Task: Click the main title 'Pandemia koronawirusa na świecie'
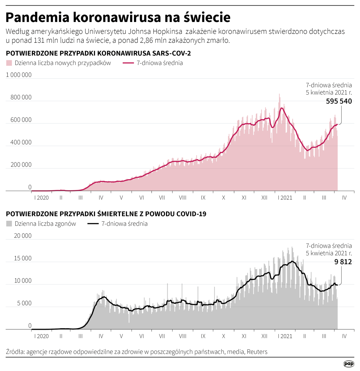pyautogui.click(x=118, y=17)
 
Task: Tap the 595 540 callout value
pyautogui.click(x=339, y=101)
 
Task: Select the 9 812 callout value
pyautogui.click(x=343, y=262)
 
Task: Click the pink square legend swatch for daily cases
pyautogui.click(x=9, y=63)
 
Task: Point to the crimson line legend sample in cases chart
pyautogui.click(x=128, y=63)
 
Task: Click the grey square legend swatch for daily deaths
pyautogui.click(x=9, y=224)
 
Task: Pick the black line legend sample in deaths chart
pyautogui.click(x=93, y=224)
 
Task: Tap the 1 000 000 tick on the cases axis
pyautogui.click(x=19, y=75)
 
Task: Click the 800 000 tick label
pyautogui.click(x=21, y=97)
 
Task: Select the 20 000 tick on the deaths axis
pyautogui.click(x=23, y=236)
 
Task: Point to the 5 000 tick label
pyautogui.click(x=24, y=303)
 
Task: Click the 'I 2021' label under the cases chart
pyautogui.click(x=285, y=198)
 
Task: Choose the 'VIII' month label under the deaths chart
pyautogui.click(x=183, y=336)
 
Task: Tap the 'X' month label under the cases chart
pyautogui.click(x=223, y=198)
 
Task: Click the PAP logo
pyautogui.click(x=348, y=364)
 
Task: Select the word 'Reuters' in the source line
pyautogui.click(x=257, y=352)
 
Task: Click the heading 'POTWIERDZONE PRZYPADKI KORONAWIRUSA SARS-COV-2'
pyautogui.click(x=98, y=53)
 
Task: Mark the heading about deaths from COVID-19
pyautogui.click(x=106, y=214)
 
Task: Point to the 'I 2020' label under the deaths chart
pyautogui.click(x=41, y=336)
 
